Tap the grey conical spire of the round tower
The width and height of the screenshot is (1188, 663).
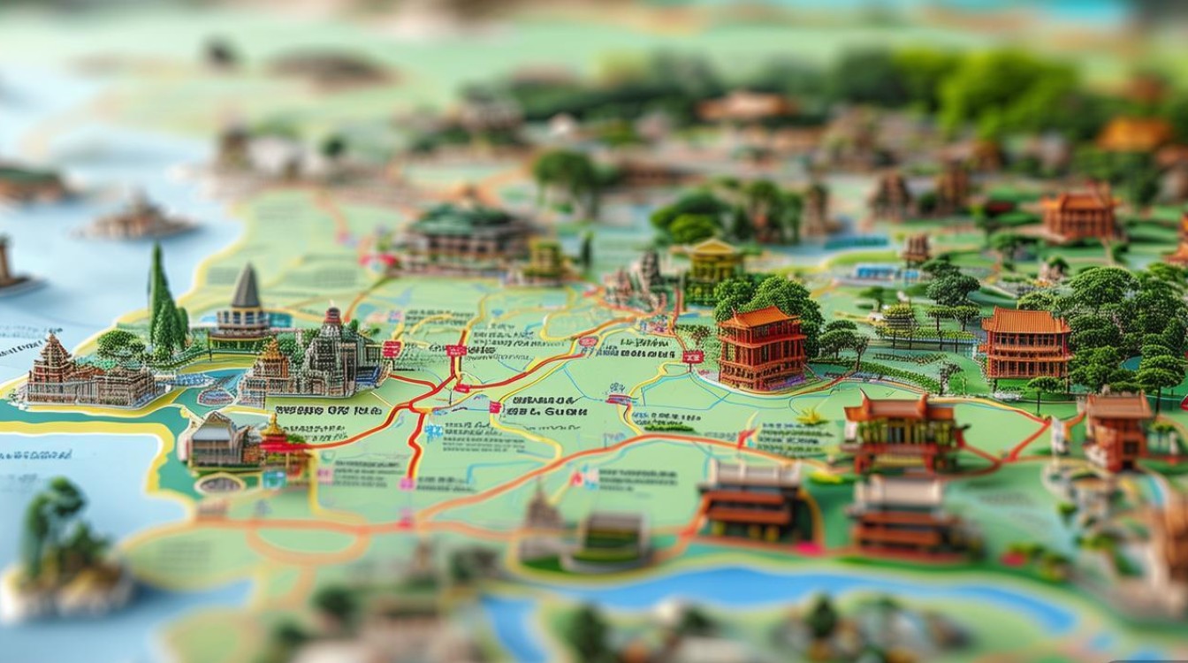(246, 287)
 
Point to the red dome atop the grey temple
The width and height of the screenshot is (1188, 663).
(332, 316)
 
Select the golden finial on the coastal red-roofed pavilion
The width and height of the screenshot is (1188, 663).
(273, 423)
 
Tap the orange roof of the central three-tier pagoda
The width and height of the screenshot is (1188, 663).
(758, 317)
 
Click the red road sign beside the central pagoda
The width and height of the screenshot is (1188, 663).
(692, 356)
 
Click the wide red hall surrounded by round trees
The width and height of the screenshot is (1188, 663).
(1025, 342)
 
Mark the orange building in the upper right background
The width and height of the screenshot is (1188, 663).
(1079, 214)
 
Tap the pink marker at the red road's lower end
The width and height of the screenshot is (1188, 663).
(407, 483)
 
